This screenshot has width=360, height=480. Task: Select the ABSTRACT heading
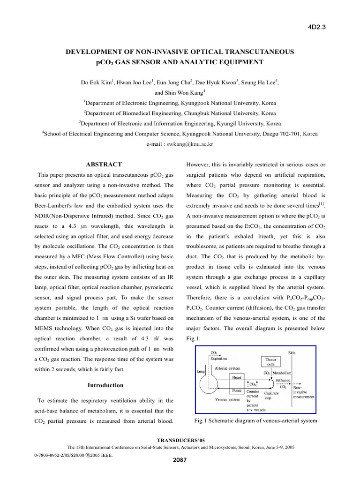click(x=104, y=165)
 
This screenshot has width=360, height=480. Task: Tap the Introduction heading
click(x=106, y=385)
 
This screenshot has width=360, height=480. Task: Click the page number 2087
click(x=180, y=459)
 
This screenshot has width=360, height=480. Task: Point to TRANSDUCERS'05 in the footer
click(x=180, y=441)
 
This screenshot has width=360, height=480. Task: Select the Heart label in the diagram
click(x=238, y=376)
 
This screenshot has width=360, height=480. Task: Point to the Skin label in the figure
click(x=292, y=352)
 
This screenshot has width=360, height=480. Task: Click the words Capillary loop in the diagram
click(x=272, y=396)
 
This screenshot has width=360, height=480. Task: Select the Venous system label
click(x=228, y=400)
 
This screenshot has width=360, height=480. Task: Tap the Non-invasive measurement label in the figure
click(x=303, y=392)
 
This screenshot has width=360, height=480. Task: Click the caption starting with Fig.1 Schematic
click(x=255, y=420)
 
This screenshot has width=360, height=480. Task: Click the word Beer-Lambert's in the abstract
click(x=53, y=206)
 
